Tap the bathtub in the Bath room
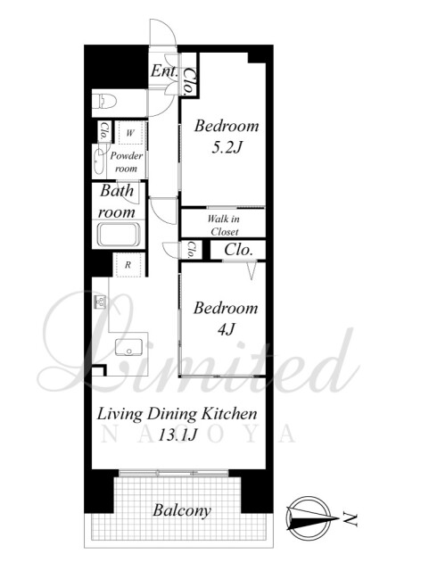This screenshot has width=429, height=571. (x=119, y=235)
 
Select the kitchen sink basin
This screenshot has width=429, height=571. (x=128, y=347)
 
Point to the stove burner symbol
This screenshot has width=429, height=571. (x=100, y=302)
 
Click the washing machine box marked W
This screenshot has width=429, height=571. (x=130, y=133)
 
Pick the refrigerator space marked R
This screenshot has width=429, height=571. (x=128, y=265)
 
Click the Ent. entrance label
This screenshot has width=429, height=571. (x=164, y=70)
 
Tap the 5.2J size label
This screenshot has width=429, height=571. (x=227, y=147)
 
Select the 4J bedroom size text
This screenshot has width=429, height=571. (x=226, y=329)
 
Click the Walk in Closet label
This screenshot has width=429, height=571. (x=224, y=226)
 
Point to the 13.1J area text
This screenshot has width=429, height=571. (x=177, y=434)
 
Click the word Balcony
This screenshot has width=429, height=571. (x=182, y=510)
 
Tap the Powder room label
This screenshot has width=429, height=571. (x=126, y=162)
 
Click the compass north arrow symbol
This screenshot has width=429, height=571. (x=309, y=517)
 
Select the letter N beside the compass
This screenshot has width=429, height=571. (x=350, y=519)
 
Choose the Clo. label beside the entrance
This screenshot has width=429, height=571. (x=189, y=81)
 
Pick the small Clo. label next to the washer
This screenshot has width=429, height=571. (x=103, y=131)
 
